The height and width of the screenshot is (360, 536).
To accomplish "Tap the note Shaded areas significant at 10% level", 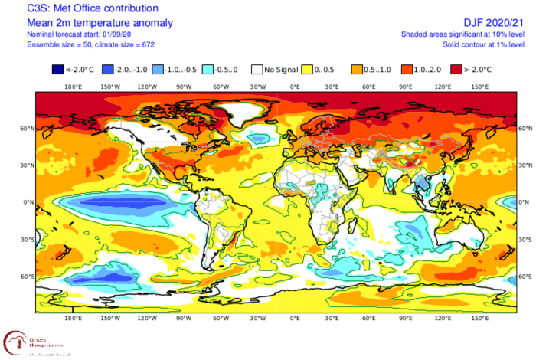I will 468,35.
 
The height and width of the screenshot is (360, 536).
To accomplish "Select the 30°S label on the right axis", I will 525,240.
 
